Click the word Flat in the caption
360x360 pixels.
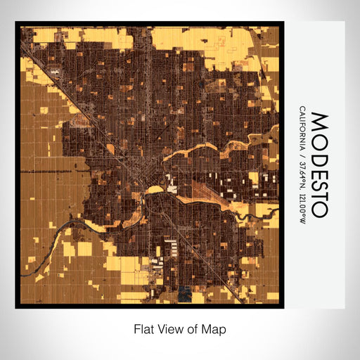pos(143,328)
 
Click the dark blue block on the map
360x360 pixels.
pos(184,293)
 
